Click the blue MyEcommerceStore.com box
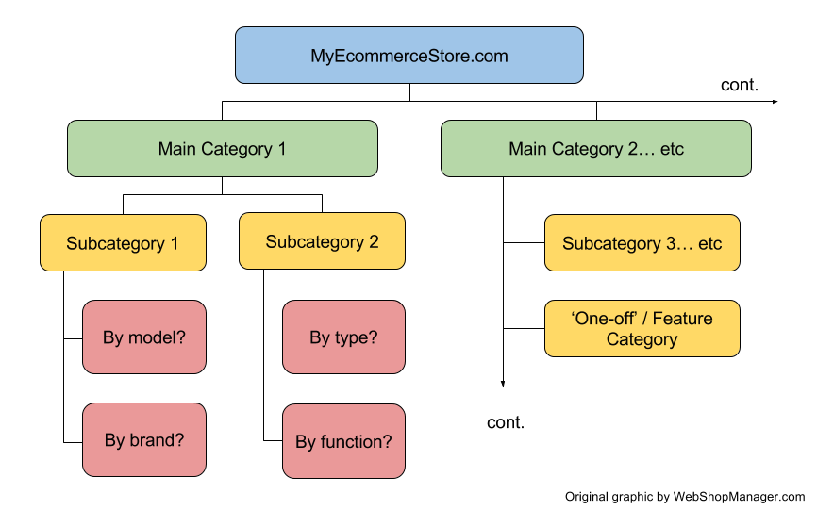click(408, 56)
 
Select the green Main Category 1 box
click(222, 149)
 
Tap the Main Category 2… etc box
click(595, 149)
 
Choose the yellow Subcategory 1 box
click(123, 243)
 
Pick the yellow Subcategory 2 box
click(322, 242)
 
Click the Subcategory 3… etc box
click(642, 243)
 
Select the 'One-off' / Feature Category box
click(642, 328)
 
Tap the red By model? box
click(143, 337)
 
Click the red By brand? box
click(143, 440)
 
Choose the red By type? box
click(343, 337)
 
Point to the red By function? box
click(343, 440)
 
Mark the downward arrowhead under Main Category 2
click(503, 382)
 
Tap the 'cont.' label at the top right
click(739, 85)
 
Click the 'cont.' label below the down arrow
click(506, 422)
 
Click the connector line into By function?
click(272, 441)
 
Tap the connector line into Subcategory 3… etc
click(524, 243)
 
